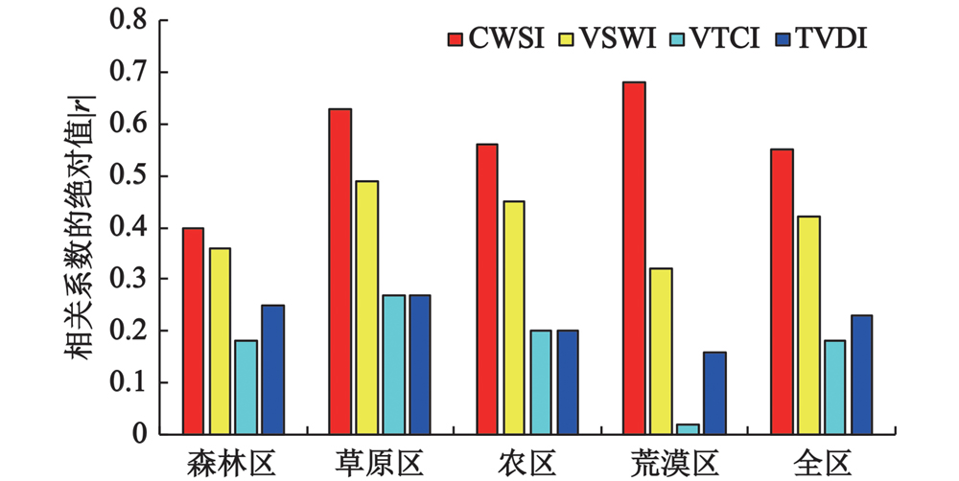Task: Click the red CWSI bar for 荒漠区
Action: click(x=633, y=259)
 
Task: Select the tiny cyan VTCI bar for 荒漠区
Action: click(x=660, y=429)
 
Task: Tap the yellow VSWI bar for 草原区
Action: click(x=366, y=308)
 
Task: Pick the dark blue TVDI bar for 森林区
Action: click(x=272, y=370)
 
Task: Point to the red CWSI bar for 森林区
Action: click(x=192, y=332)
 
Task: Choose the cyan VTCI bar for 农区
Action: click(x=540, y=382)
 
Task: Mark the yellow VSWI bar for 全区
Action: click(x=807, y=326)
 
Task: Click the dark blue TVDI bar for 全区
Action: click(x=860, y=375)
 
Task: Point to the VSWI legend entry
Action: click(x=601, y=39)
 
